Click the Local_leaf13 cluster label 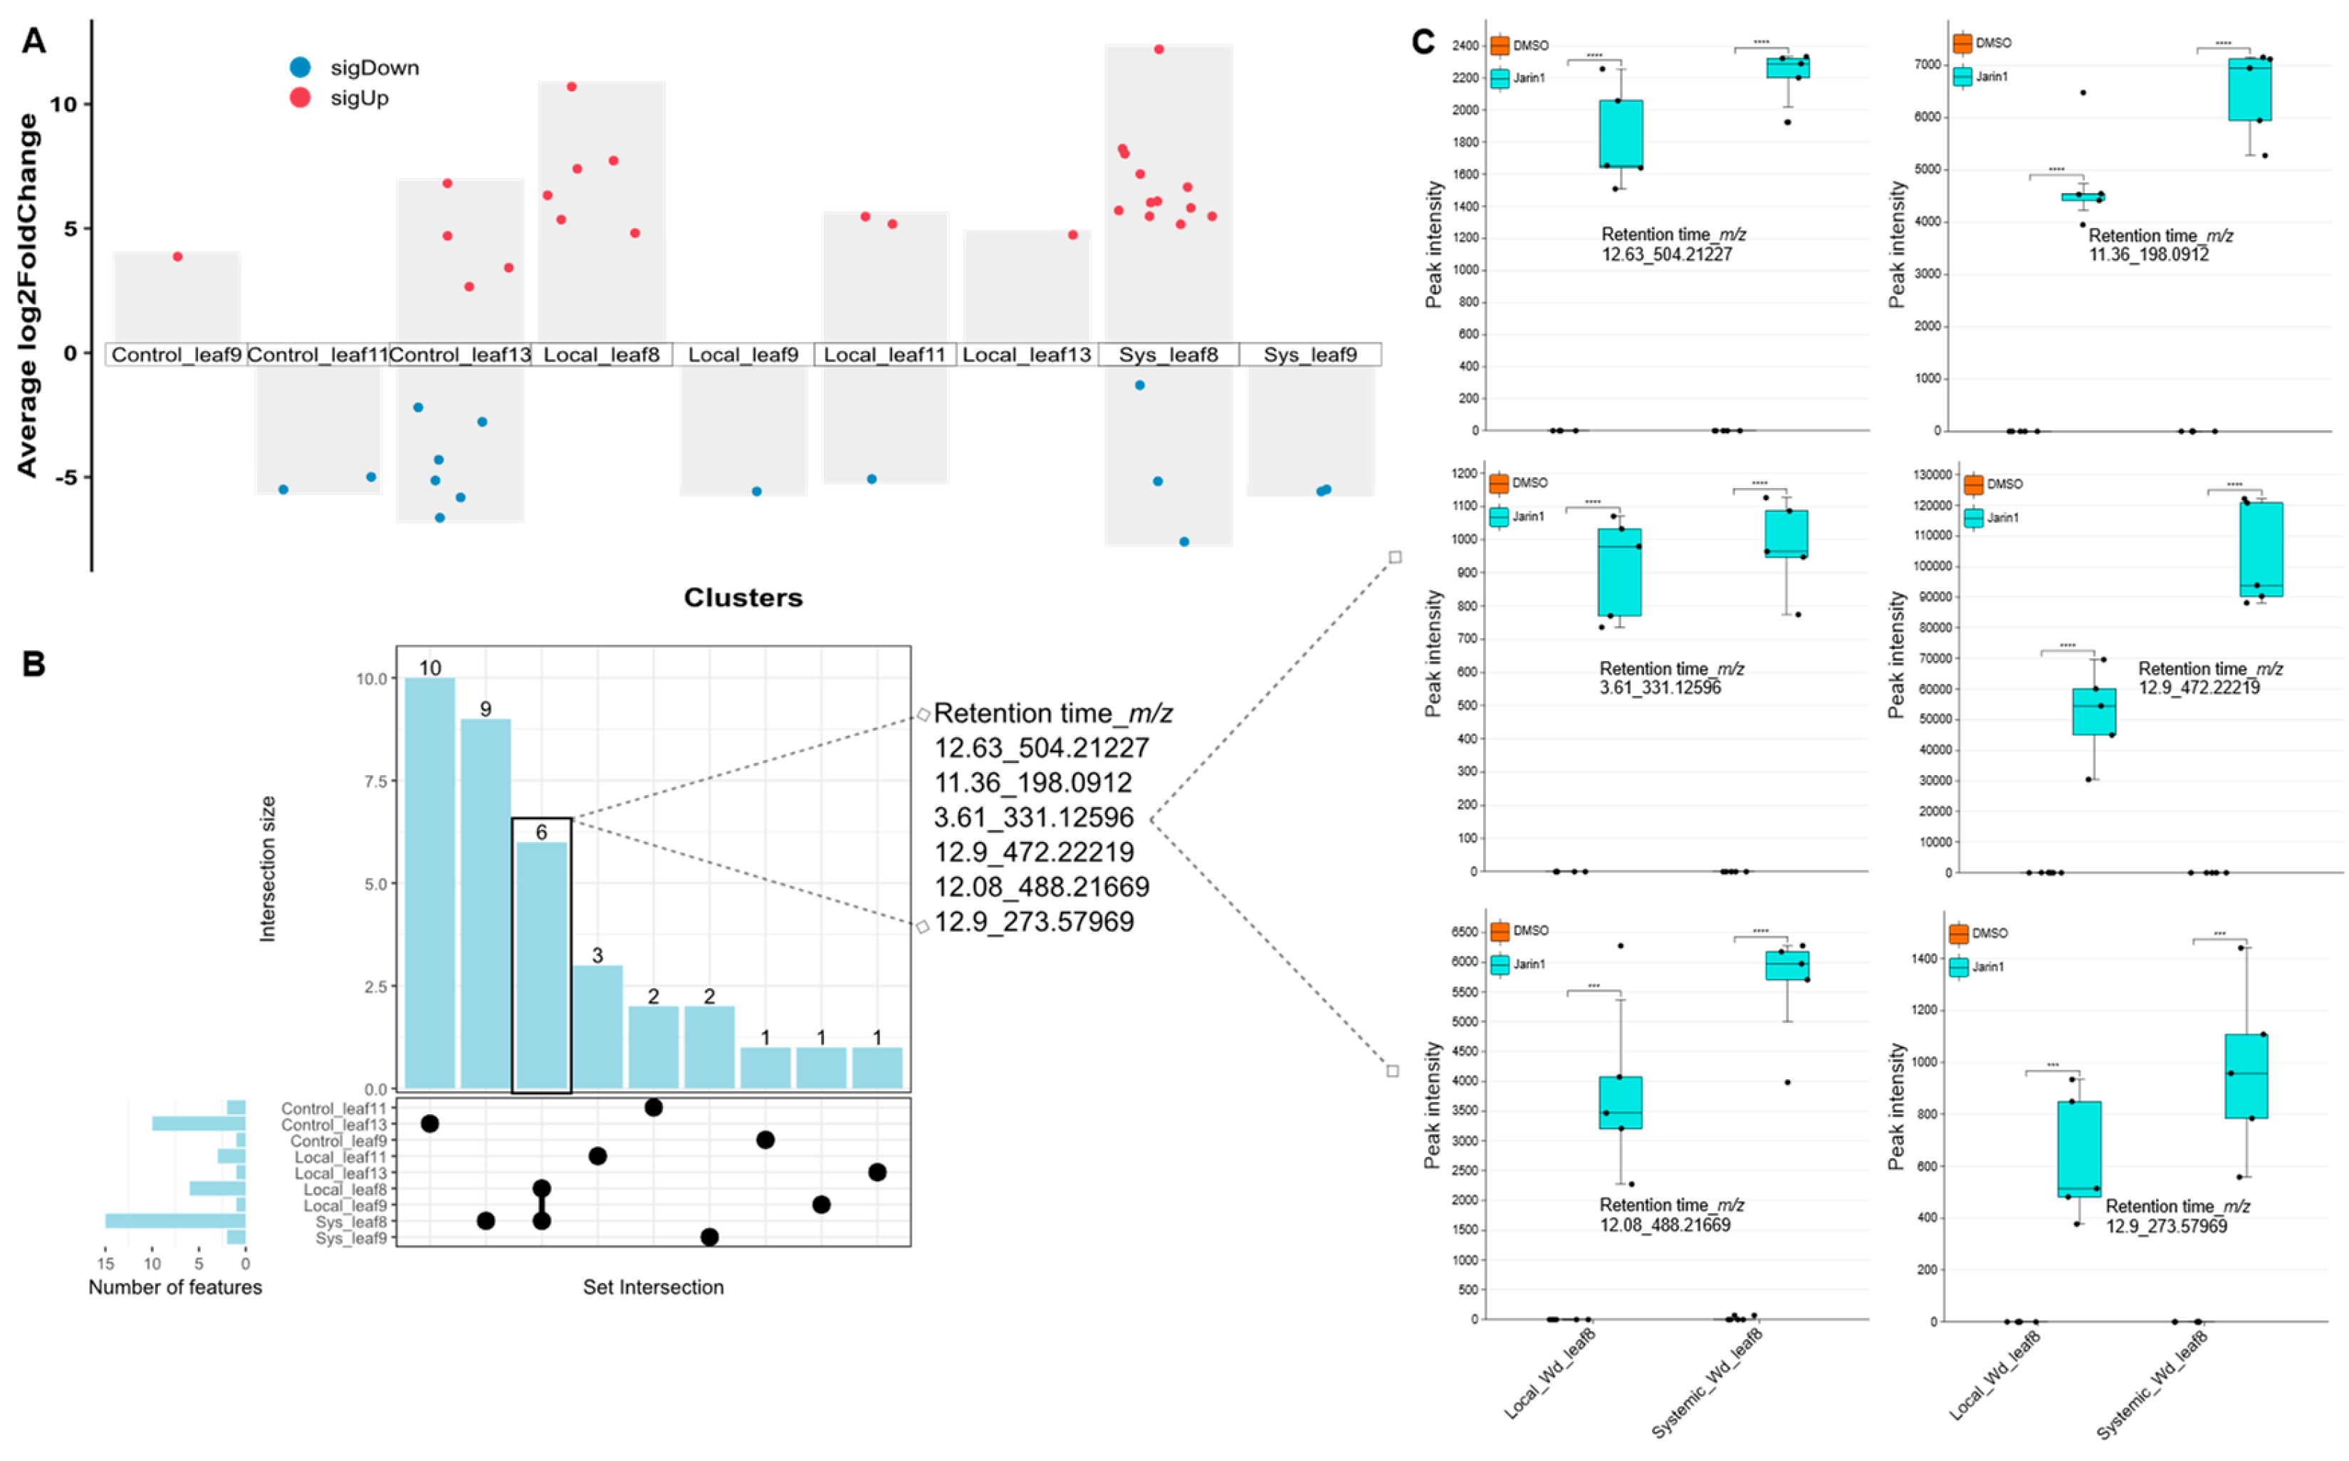[x=1026, y=355]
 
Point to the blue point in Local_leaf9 [x=756, y=492]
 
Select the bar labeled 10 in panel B [x=430, y=883]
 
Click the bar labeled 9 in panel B [x=486, y=903]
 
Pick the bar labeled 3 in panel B [x=598, y=1026]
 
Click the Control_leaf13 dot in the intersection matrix [x=430, y=1124]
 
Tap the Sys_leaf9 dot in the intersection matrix [x=709, y=1237]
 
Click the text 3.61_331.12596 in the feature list [x=1032, y=818]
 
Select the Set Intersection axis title [x=653, y=1287]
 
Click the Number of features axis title [x=175, y=1287]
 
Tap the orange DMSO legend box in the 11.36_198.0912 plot [x=1962, y=43]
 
